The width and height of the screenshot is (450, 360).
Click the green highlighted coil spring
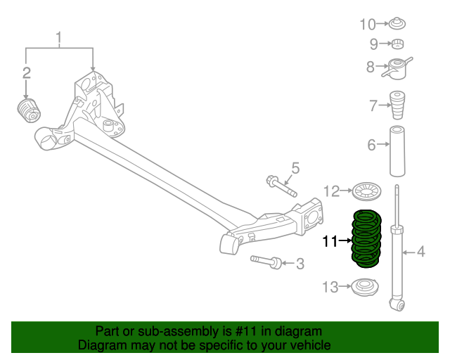click(x=366, y=240)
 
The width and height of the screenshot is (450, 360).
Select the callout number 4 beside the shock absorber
click(x=421, y=251)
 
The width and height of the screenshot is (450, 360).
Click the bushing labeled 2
click(x=30, y=110)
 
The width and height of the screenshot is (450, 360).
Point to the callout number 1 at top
click(x=60, y=37)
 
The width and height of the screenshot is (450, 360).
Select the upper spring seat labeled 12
click(x=364, y=190)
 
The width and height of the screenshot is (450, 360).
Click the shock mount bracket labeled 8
click(x=398, y=68)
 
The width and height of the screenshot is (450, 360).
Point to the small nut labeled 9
click(x=397, y=46)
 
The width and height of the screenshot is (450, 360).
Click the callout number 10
click(x=368, y=25)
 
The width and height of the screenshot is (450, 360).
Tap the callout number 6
click(x=371, y=146)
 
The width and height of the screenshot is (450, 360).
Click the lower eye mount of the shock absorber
click(x=398, y=304)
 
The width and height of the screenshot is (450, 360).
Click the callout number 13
click(x=330, y=286)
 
